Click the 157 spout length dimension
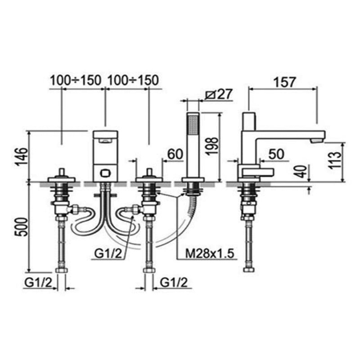click(285, 82)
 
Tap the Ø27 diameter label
click(219, 94)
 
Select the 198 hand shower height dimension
click(212, 146)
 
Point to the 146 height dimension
click(22, 157)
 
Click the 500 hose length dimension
click(22, 227)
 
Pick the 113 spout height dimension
click(334, 160)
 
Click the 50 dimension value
click(276, 154)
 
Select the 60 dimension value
click(175, 154)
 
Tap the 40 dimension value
click(301, 171)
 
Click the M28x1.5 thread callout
click(210, 254)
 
